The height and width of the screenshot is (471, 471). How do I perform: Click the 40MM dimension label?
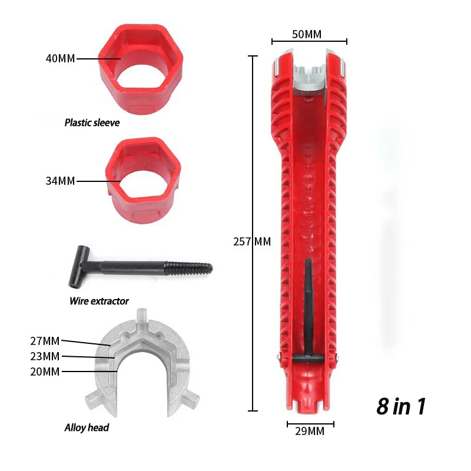[x=60, y=59]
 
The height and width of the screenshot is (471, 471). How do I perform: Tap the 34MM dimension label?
[x=60, y=181]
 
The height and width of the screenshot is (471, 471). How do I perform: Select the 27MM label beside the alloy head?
[x=45, y=340]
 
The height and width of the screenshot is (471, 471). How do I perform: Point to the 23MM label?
[x=45, y=356]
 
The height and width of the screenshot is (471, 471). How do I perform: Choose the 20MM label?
[x=45, y=371]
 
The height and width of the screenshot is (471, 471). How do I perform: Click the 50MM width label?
[x=307, y=34]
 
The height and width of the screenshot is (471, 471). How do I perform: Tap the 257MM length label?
[x=253, y=241]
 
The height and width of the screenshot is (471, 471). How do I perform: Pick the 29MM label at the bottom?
[x=310, y=431]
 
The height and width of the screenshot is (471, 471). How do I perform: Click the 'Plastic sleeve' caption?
[x=92, y=123]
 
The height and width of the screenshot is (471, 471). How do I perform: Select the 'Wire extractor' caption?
[x=99, y=301]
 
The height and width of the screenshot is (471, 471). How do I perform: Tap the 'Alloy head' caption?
[x=87, y=427]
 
